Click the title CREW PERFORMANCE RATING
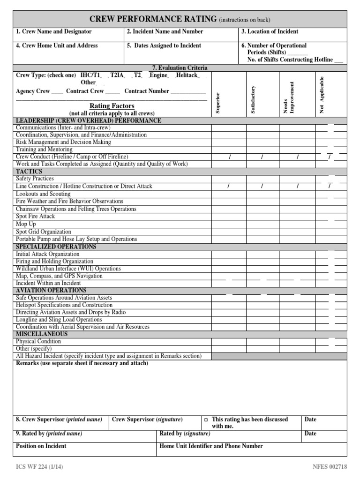(153, 19)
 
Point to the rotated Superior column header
(217, 103)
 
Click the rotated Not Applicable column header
(322, 95)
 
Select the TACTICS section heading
(29, 172)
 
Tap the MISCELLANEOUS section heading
(42, 334)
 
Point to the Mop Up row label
(26, 224)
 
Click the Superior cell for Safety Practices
(228, 179)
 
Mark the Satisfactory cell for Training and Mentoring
(262, 150)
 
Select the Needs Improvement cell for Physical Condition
(297, 342)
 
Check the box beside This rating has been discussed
(206, 420)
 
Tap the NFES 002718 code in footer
(330, 466)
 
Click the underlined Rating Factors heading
(112, 106)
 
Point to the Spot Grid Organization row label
(44, 232)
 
